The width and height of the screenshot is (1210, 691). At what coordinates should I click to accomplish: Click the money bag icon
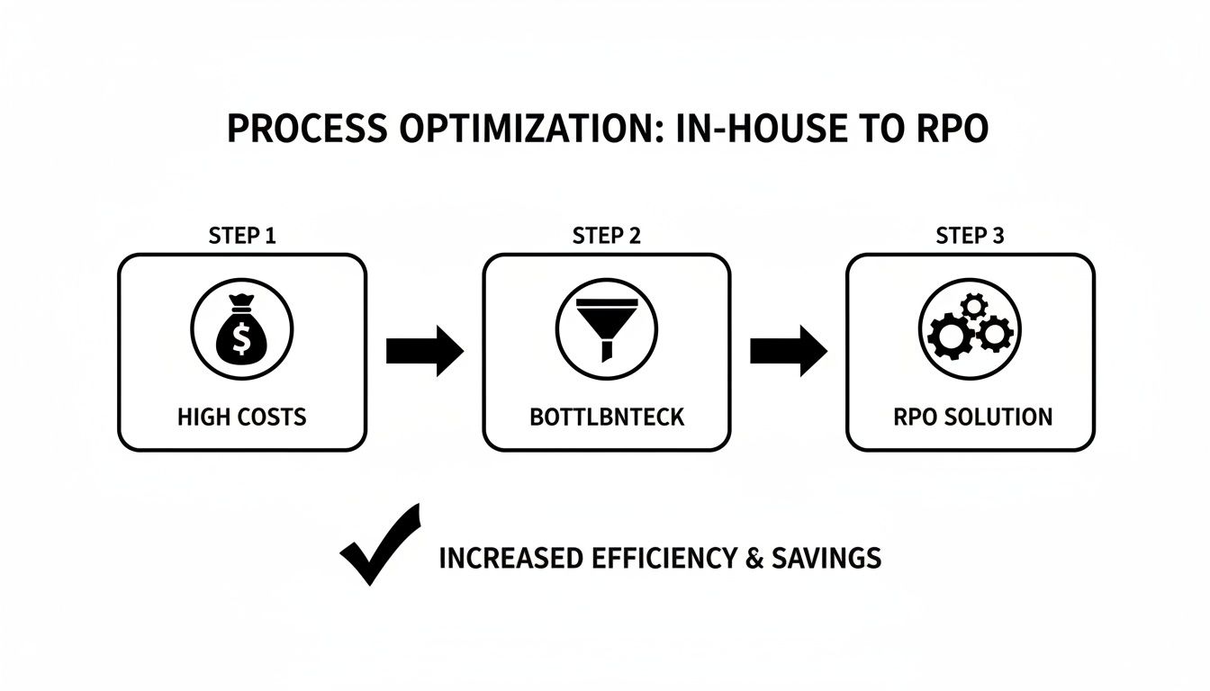click(242, 330)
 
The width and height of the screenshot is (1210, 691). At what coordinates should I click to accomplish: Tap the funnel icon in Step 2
click(606, 331)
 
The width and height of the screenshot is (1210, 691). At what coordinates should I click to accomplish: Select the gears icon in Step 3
click(971, 330)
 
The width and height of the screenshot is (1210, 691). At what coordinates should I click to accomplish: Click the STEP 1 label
click(241, 237)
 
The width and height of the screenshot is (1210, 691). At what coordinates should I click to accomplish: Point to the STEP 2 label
click(607, 237)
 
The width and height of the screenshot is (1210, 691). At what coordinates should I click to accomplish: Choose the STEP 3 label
click(970, 237)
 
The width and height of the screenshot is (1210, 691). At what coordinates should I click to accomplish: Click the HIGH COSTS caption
click(242, 417)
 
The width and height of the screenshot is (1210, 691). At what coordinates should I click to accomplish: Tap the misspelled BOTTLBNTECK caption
click(607, 417)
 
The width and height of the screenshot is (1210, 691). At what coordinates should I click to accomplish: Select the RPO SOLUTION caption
click(973, 417)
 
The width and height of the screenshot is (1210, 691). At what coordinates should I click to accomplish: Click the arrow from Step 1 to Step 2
click(424, 351)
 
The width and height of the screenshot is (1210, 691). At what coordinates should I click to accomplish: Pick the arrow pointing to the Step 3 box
click(788, 351)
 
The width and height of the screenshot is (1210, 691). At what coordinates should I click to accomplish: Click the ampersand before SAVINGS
click(754, 558)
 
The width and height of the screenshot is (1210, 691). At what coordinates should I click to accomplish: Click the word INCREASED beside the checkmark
click(510, 558)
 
